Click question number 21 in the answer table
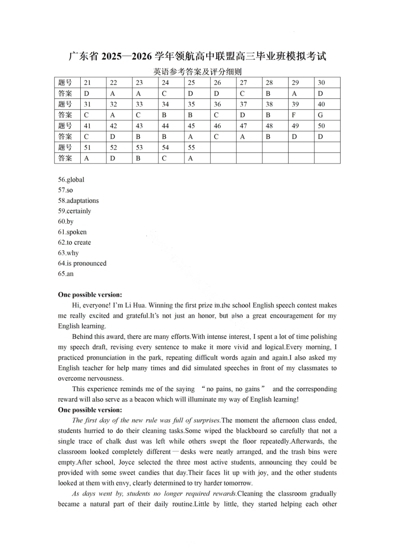pos(87,83)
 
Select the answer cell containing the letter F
pos(294,115)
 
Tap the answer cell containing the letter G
pos(320,115)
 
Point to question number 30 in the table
pos(321,83)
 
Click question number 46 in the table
pos(217,126)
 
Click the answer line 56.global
pos(71,180)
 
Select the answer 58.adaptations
pos(78,201)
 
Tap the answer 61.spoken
pos(72,232)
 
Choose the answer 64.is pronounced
pos(82,263)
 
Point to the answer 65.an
pos(66,274)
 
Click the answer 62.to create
pos(74,243)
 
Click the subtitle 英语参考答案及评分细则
pos(197,71)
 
